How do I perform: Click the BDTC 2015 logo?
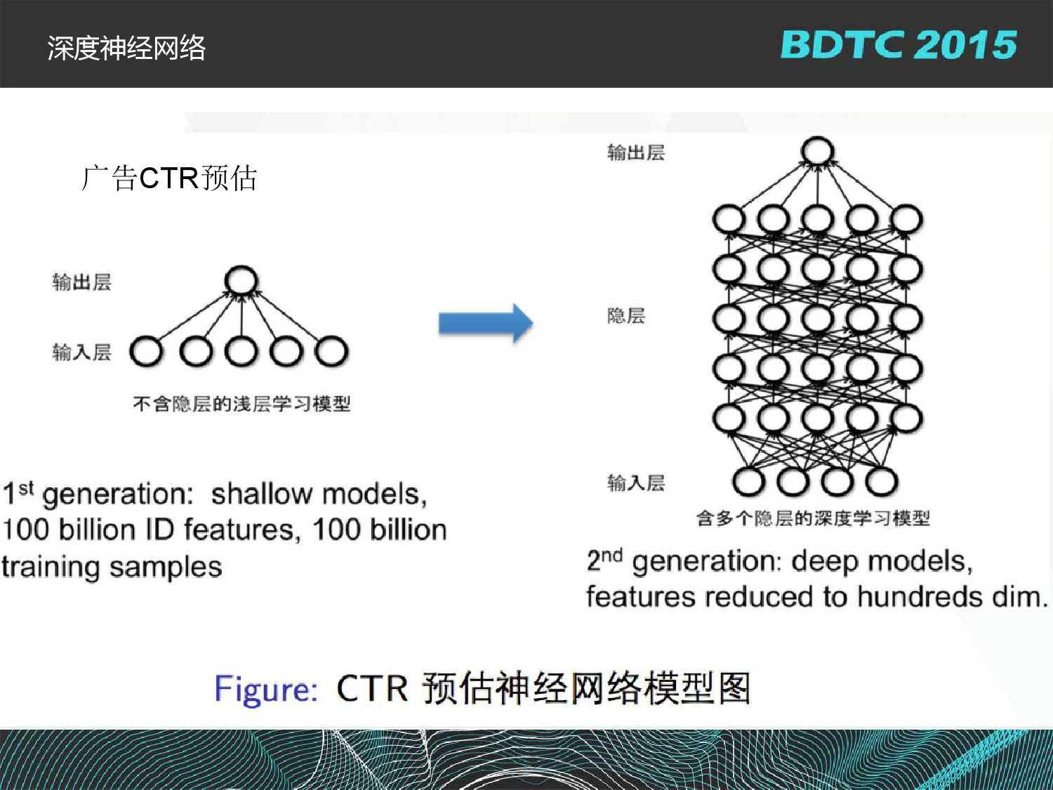click(x=898, y=45)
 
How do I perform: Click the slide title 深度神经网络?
click(x=126, y=48)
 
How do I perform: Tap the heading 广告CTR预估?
click(x=169, y=178)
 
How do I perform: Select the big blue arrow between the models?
click(x=486, y=323)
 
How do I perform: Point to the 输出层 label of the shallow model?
click(x=81, y=282)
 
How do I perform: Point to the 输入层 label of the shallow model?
click(x=81, y=352)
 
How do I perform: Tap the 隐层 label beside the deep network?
click(x=626, y=315)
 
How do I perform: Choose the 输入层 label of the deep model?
click(x=635, y=482)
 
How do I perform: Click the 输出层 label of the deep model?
click(x=635, y=152)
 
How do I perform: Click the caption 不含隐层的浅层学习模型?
click(x=241, y=404)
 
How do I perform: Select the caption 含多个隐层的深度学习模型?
click(x=813, y=518)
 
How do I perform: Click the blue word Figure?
click(x=266, y=689)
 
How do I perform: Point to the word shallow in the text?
click(x=261, y=494)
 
